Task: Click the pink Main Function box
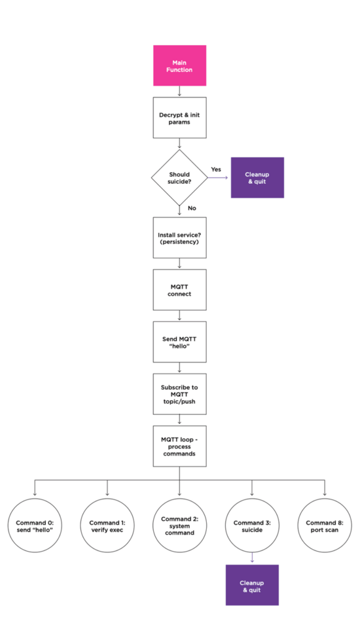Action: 179,65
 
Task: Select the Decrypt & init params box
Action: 179,118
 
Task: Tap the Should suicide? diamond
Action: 179,177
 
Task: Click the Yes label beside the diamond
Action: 216,169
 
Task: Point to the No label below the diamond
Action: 192,208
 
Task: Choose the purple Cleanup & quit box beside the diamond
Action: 257,177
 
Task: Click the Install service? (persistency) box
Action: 179,238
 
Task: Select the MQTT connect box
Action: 179,290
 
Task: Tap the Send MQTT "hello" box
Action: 179,342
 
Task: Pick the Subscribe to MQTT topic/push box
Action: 179,395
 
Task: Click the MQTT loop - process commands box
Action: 179,446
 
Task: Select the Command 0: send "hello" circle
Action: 35,525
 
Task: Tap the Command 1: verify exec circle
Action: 107,525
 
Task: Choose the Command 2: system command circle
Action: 179,525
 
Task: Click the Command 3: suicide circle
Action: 252,525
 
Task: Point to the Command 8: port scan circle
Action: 325,525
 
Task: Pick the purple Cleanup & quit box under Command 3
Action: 252,585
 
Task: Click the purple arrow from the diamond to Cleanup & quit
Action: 218,177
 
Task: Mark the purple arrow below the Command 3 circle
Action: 252,558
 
